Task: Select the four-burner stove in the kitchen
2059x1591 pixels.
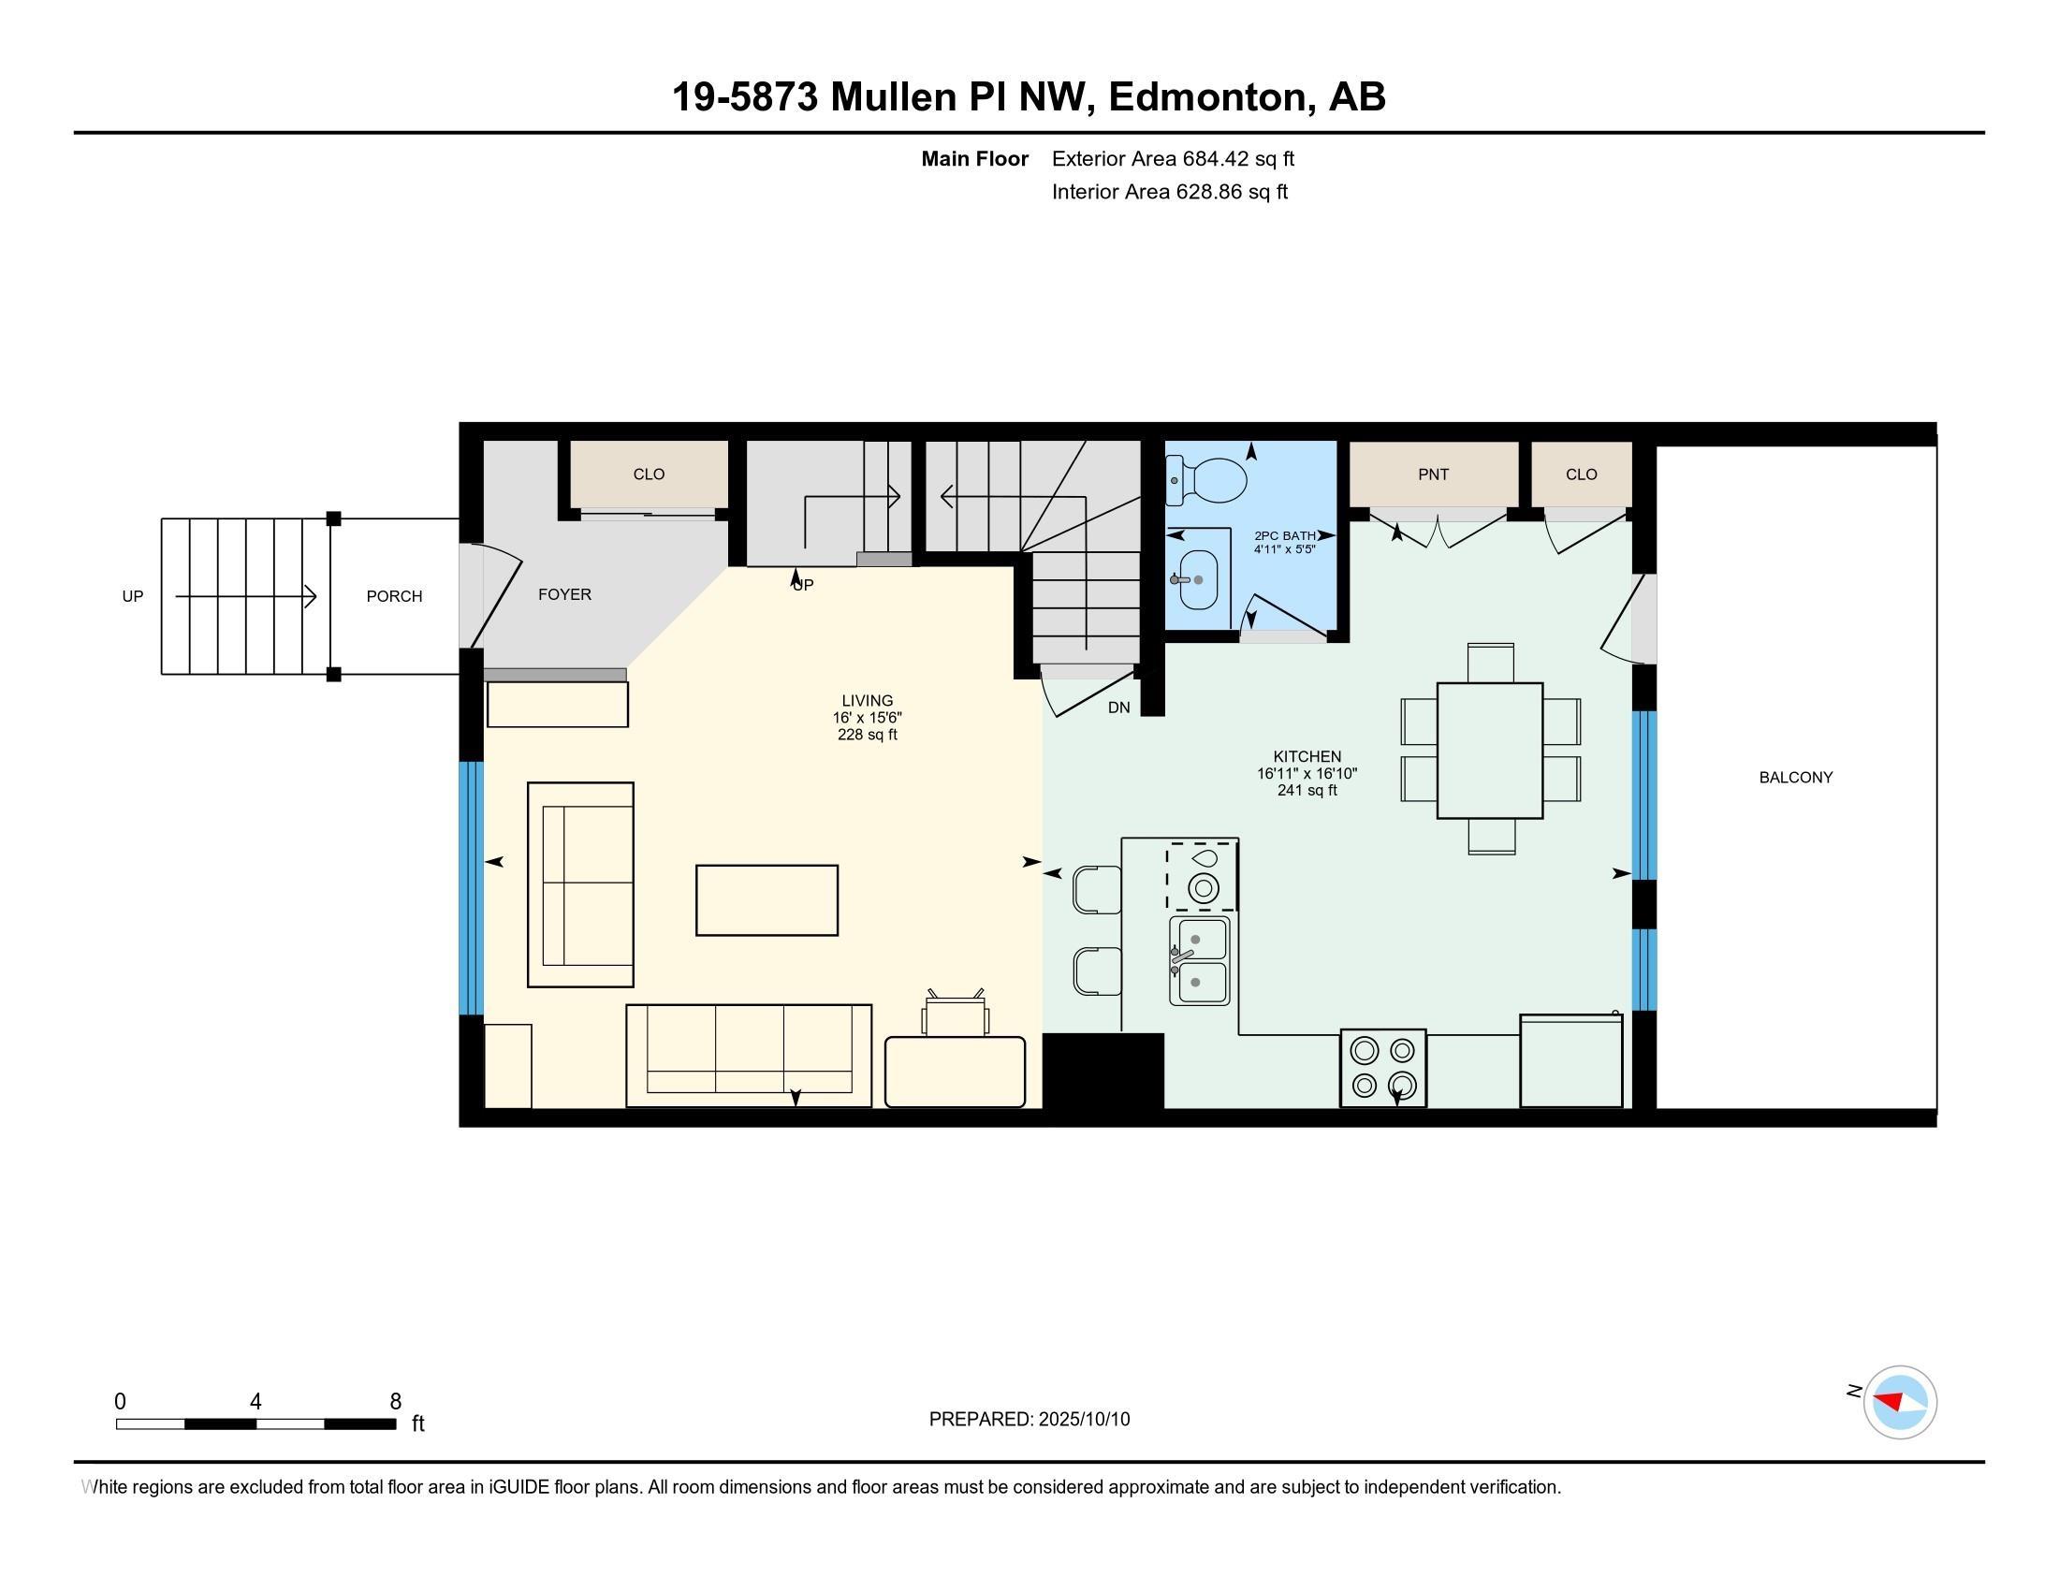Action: click(1383, 1068)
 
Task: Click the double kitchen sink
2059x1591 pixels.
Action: click(1199, 960)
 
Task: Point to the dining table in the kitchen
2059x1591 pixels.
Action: click(1490, 751)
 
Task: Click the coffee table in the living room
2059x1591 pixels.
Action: click(767, 900)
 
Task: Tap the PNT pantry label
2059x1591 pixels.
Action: click(1433, 474)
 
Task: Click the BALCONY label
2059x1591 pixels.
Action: click(1795, 778)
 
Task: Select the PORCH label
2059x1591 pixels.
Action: click(394, 595)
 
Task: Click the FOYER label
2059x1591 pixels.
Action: click(564, 593)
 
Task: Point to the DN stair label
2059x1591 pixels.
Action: click(1119, 707)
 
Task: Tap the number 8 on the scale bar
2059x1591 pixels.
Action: click(396, 1401)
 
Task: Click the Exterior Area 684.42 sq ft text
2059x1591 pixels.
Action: click(1173, 158)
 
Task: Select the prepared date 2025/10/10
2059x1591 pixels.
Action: click(1083, 1419)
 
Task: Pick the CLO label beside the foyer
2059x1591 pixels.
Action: click(649, 474)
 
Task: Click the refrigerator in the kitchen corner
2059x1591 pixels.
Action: click(1571, 1060)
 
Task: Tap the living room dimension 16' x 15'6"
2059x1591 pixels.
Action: click(868, 717)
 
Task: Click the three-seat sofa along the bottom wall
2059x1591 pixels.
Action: click(749, 1056)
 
